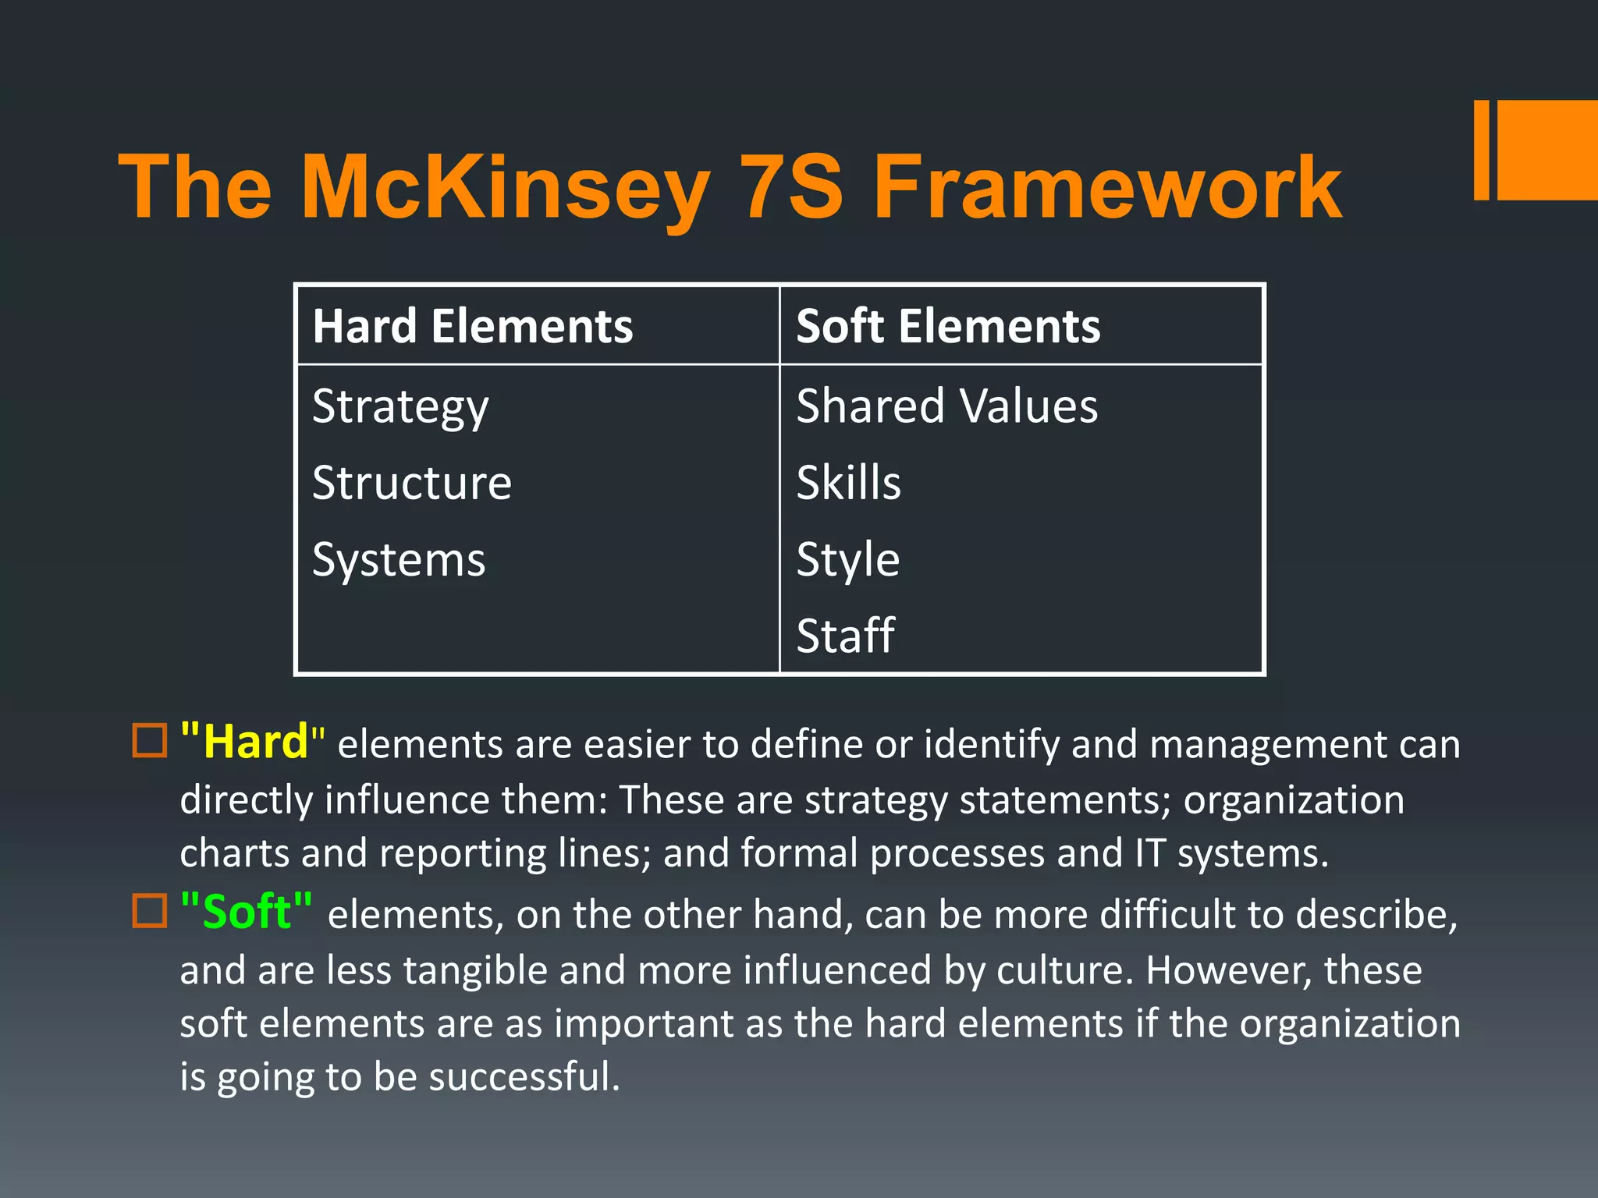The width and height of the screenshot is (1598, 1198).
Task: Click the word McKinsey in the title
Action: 506,187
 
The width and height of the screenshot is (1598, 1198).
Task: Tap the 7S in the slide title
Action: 790,187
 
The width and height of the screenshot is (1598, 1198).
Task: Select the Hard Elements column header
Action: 472,326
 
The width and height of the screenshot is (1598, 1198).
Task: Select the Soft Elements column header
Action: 947,326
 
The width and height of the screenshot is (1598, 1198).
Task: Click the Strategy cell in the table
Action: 400,406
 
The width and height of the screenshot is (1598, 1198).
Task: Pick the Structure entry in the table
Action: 412,483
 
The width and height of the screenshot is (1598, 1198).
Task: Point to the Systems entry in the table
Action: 399,560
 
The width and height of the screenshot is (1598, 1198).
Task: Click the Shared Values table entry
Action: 946,406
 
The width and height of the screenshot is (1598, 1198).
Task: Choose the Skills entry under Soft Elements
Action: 848,483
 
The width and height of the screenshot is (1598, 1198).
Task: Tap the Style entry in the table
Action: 847,560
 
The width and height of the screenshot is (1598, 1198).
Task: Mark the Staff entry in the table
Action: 845,636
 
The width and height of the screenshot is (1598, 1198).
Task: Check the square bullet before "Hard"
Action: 150,741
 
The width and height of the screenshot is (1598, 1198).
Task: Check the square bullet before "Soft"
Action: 150,910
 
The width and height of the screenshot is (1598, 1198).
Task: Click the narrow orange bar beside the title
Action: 1481,150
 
